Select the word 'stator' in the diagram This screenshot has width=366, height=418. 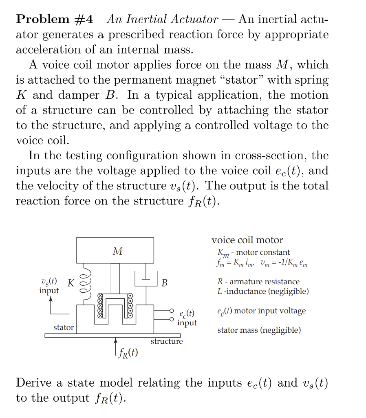point(64,327)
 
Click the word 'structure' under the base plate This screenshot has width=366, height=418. point(167,341)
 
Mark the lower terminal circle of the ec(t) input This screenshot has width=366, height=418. point(172,319)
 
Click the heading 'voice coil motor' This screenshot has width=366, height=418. point(247,240)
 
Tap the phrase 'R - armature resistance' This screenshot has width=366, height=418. point(258,282)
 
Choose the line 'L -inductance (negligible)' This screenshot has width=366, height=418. point(263,291)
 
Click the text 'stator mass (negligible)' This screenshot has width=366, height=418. point(259,330)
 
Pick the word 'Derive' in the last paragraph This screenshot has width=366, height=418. point(34,383)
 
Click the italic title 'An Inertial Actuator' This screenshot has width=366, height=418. point(162,19)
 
